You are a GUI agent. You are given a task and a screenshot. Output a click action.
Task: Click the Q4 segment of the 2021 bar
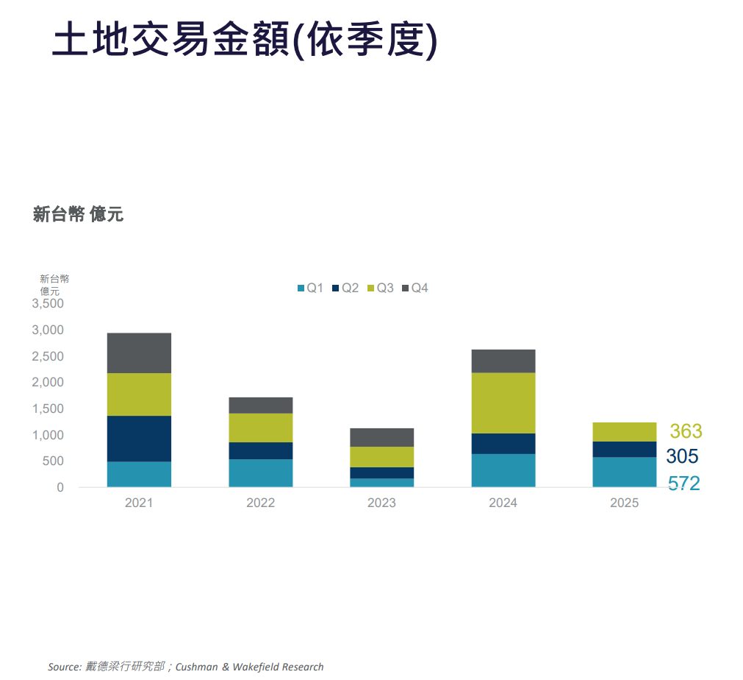pyautogui.click(x=139, y=353)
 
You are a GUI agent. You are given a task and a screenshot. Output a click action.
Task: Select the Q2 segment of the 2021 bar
pyautogui.click(x=139, y=439)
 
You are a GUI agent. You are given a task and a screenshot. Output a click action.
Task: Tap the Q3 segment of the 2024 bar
pyautogui.click(x=503, y=403)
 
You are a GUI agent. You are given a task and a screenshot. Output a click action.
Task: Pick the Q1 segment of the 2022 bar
pyautogui.click(x=260, y=473)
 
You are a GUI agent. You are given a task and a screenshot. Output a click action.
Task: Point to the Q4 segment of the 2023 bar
pyautogui.click(x=381, y=437)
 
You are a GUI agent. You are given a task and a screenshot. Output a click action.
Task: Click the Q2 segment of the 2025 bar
pyautogui.click(x=624, y=450)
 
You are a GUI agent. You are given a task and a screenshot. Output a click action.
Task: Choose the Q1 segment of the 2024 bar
pyautogui.click(x=503, y=470)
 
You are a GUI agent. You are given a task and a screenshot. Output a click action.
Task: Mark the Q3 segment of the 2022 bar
pyautogui.click(x=260, y=428)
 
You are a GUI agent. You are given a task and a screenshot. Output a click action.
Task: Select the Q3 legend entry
pyautogui.click(x=380, y=288)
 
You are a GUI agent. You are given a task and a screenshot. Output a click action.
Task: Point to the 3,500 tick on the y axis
pyautogui.click(x=48, y=304)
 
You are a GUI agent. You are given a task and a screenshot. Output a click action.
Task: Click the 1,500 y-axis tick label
pyautogui.click(x=48, y=409)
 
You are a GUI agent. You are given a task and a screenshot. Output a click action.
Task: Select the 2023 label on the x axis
pyautogui.click(x=381, y=503)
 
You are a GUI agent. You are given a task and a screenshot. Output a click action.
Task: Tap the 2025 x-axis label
pyautogui.click(x=624, y=503)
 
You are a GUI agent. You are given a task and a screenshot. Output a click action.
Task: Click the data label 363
pyautogui.click(x=686, y=431)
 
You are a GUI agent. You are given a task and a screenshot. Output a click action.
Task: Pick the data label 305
pyautogui.click(x=682, y=456)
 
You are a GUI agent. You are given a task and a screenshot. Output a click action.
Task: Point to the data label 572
pyautogui.click(x=683, y=484)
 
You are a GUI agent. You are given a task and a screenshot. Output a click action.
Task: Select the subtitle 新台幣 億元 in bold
pyautogui.click(x=78, y=214)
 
